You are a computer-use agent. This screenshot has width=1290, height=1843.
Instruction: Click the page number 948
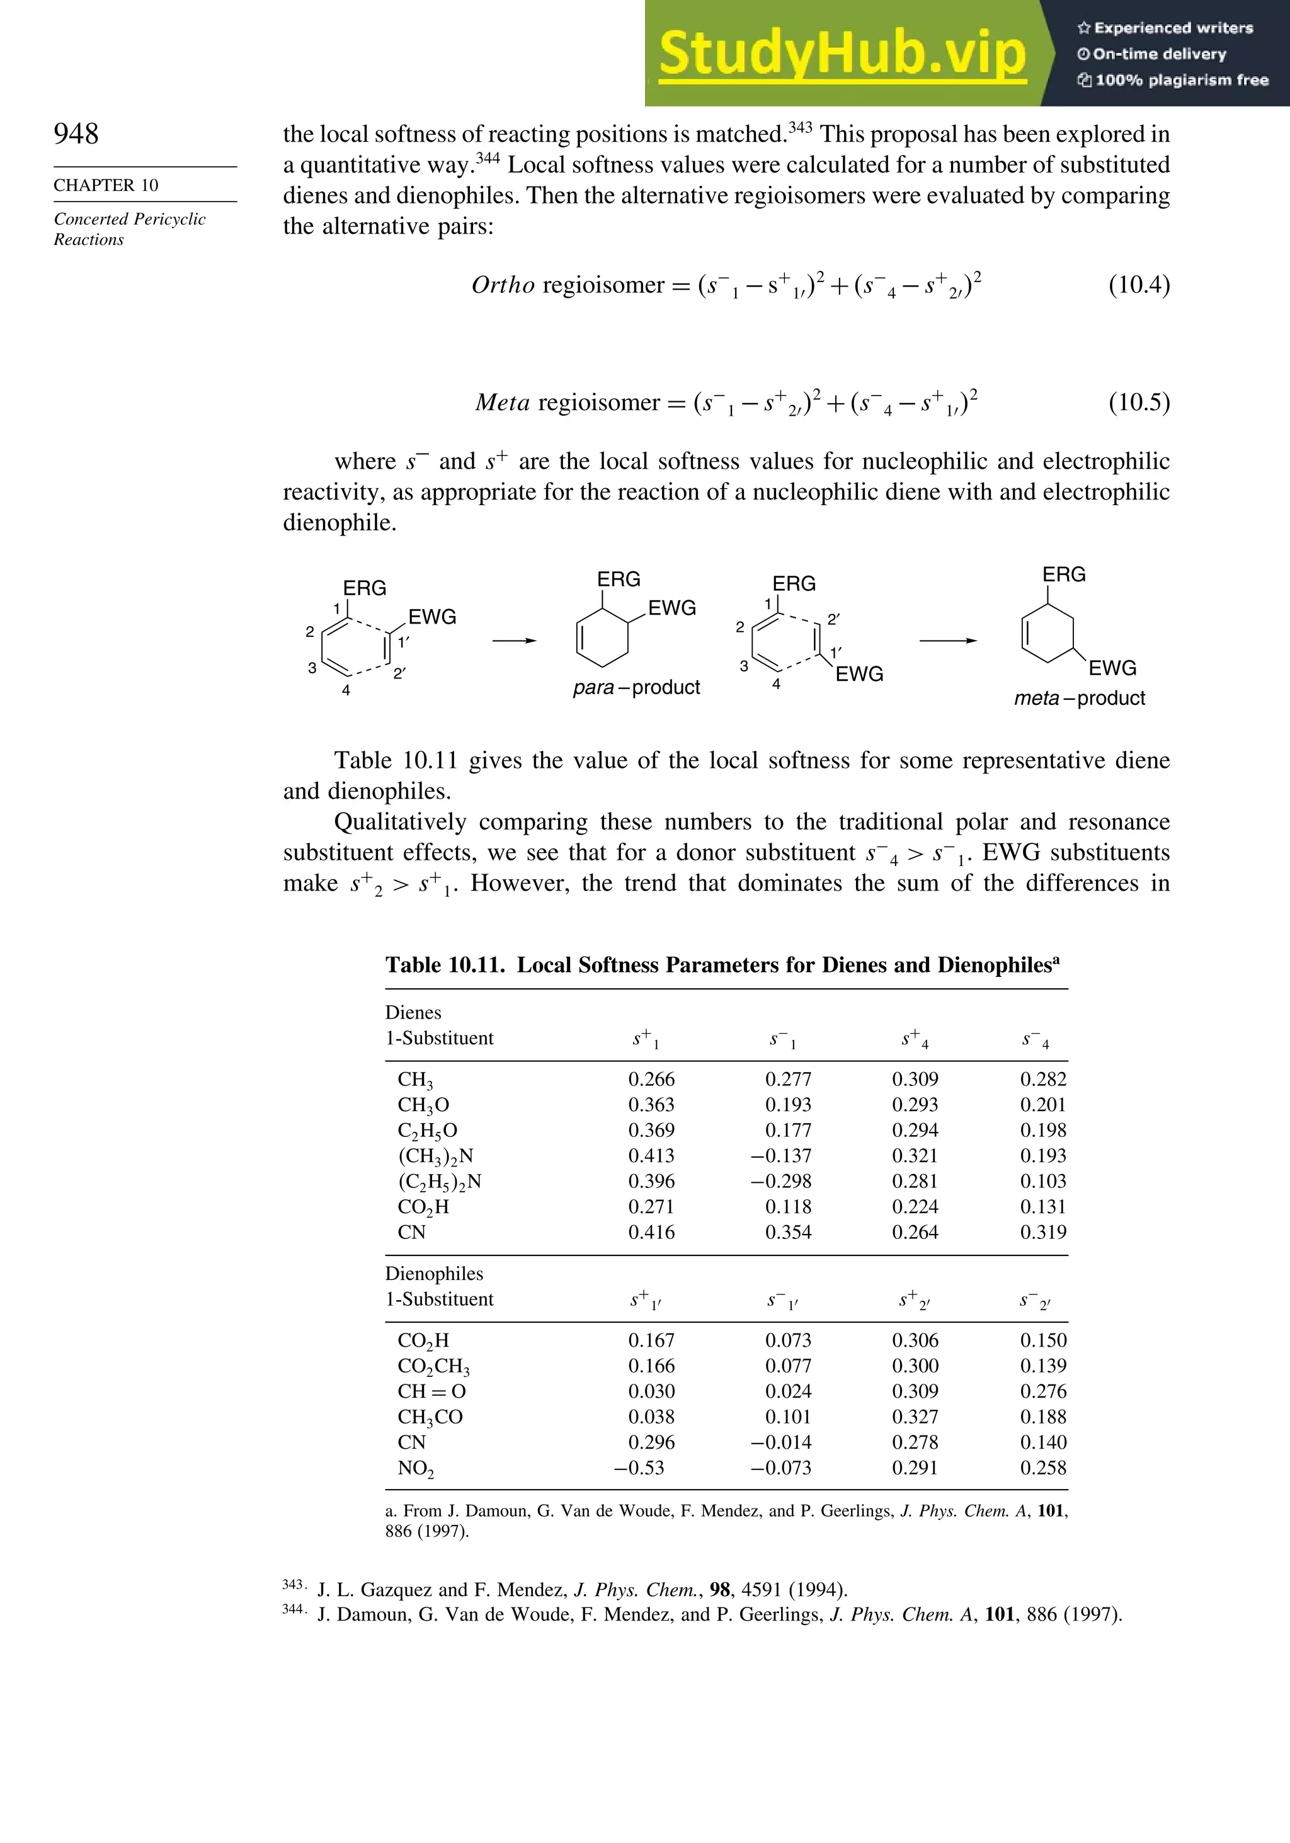(x=76, y=134)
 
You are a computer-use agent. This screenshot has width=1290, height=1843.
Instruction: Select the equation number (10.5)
(x=1138, y=401)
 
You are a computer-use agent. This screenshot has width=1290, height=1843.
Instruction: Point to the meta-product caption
(x=1079, y=699)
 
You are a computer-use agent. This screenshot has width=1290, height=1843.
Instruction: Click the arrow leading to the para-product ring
(x=514, y=641)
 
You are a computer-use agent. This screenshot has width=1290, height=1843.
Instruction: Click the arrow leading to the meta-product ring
(x=948, y=641)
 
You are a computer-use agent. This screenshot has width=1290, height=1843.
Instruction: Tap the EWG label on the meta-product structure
(x=1112, y=669)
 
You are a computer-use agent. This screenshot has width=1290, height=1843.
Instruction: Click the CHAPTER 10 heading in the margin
(x=106, y=185)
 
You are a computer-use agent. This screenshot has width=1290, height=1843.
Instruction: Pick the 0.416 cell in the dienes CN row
(x=651, y=1232)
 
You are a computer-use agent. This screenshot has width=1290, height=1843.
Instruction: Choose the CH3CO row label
(x=430, y=1418)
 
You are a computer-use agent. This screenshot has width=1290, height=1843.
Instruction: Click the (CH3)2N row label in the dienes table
(x=435, y=1156)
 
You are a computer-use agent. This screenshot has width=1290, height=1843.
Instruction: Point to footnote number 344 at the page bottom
(x=293, y=1609)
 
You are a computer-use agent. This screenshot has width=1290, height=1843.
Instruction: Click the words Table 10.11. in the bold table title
(x=445, y=965)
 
